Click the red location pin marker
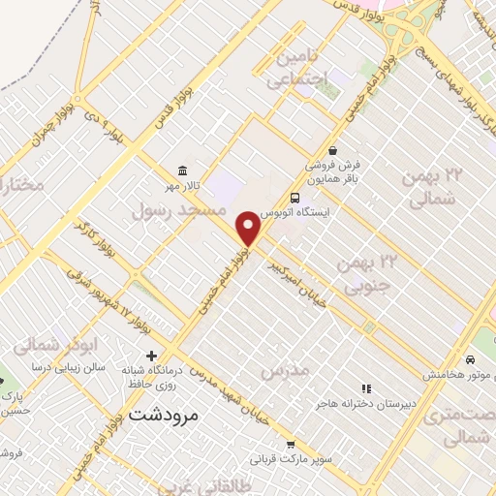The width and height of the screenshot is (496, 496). [249, 229]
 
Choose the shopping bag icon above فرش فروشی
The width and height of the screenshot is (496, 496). [333, 151]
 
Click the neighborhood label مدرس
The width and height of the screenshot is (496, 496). [284, 371]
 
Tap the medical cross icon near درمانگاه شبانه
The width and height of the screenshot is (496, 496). [151, 356]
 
